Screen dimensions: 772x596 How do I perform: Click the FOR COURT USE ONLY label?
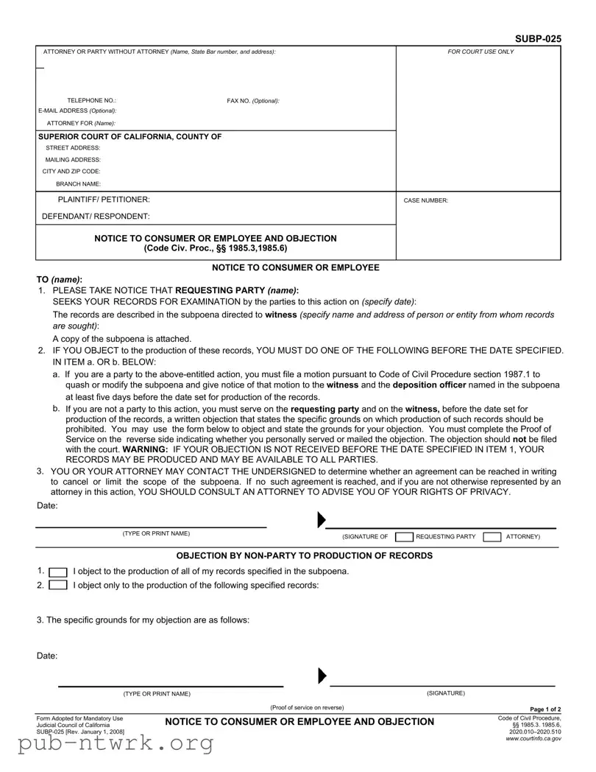coord(481,52)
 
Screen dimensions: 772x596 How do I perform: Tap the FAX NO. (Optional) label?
coord(252,100)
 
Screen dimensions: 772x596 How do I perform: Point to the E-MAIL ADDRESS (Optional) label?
coord(77,110)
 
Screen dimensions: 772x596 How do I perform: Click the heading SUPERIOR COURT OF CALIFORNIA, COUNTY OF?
coord(130,136)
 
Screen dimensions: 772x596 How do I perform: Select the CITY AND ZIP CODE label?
coord(71,171)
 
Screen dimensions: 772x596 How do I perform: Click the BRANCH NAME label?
coord(79,183)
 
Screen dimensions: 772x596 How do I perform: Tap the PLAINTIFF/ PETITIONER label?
coord(104,200)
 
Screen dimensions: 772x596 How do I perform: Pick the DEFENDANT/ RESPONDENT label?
coord(96,217)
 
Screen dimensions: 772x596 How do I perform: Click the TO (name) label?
coord(60,280)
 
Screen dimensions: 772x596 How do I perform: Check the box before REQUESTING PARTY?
coord(404,536)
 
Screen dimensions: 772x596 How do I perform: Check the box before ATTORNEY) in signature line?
coord(492,536)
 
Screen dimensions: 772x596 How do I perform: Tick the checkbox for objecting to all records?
coord(58,572)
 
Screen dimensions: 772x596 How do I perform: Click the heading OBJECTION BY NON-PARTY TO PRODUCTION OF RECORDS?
coord(305,555)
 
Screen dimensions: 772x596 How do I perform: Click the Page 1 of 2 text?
coord(545,709)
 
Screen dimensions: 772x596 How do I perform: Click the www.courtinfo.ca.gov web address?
coord(533,738)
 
